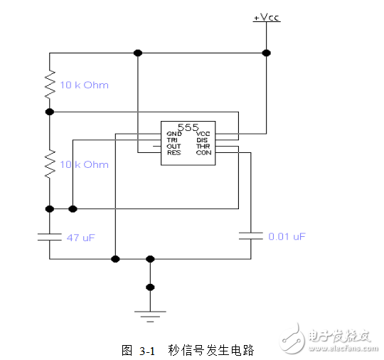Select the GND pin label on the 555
[174, 134]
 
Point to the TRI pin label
[173, 140]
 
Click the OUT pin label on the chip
[174, 147]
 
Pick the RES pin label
[174, 153]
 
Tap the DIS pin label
[202, 140]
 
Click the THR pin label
[203, 147]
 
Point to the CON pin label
[203, 153]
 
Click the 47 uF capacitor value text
[80, 238]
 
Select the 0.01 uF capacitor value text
[287, 235]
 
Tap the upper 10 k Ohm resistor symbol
[50, 84]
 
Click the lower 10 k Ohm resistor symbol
[50, 164]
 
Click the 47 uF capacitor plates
[50, 235]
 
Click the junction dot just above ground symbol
[149, 287]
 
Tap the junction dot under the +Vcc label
[266, 53]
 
